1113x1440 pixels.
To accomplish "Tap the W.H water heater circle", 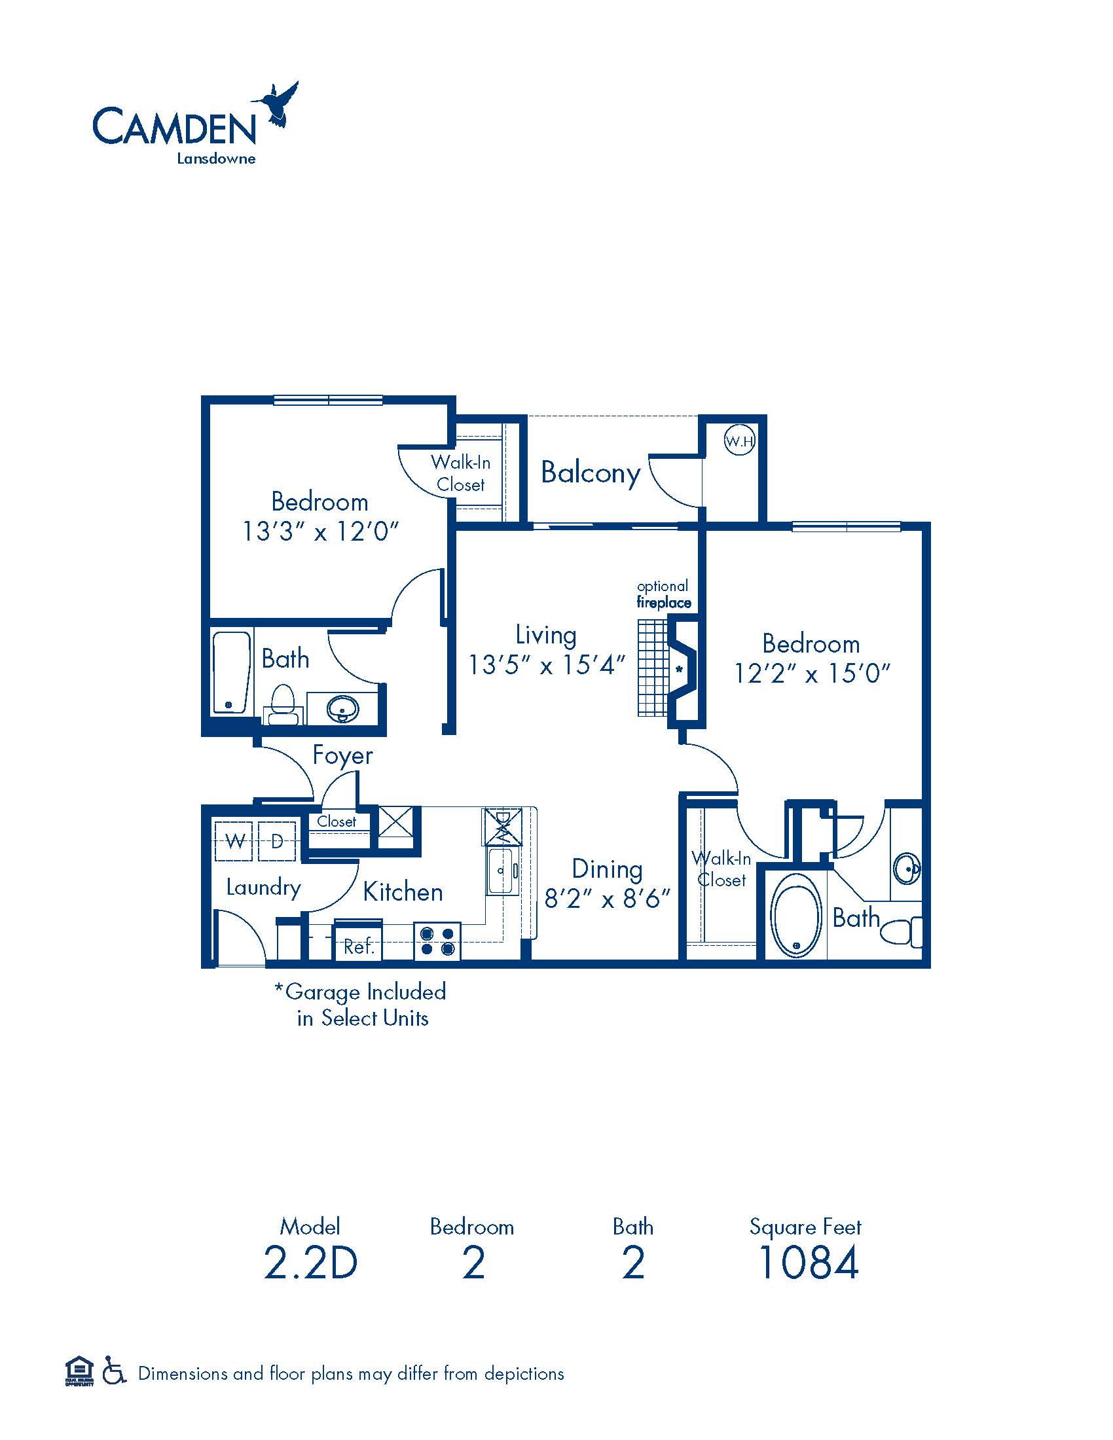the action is pyautogui.click(x=739, y=441).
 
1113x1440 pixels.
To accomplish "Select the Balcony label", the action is pyautogui.click(x=590, y=474).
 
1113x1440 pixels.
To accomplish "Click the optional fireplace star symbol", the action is pyautogui.click(x=678, y=670).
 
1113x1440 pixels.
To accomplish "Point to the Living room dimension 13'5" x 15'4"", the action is pyautogui.click(x=546, y=664).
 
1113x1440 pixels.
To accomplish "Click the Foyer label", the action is pyautogui.click(x=342, y=755).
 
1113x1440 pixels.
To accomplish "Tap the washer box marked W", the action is pyautogui.click(x=234, y=840).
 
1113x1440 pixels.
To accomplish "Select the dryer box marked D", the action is pyautogui.click(x=276, y=840).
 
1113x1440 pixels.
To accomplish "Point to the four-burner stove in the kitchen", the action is pyautogui.click(x=437, y=941).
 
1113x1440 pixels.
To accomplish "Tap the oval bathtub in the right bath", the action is pyautogui.click(x=796, y=916).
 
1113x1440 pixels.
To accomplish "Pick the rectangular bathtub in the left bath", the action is pyautogui.click(x=231, y=672).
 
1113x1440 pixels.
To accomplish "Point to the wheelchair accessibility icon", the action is pyautogui.click(x=114, y=1373).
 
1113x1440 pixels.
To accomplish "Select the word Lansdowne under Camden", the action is pyautogui.click(x=216, y=158).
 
